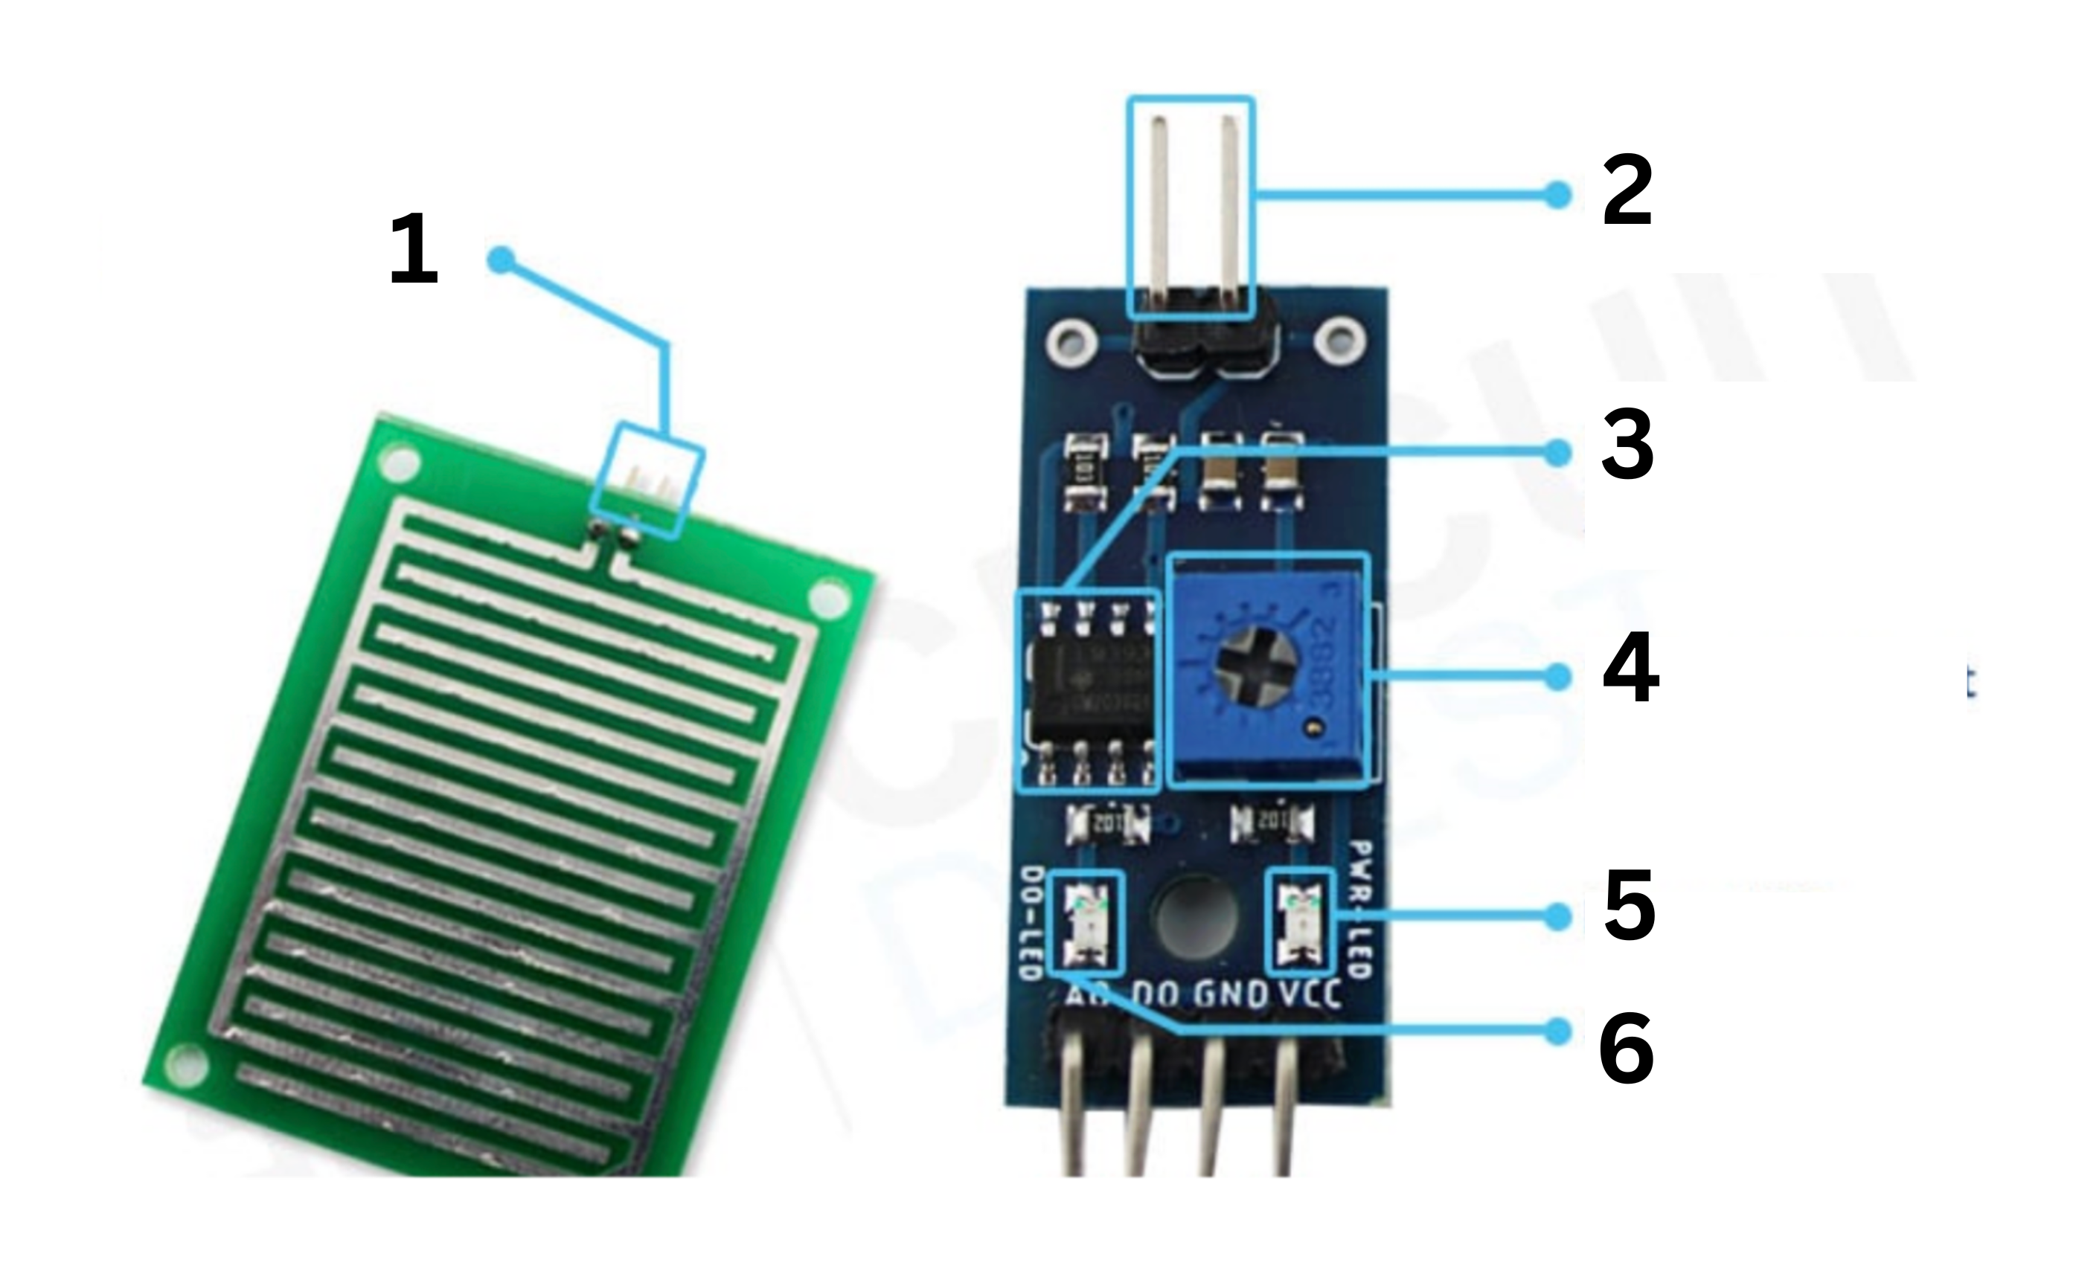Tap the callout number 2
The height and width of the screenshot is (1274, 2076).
click(x=1627, y=191)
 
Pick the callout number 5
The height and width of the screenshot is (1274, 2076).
click(x=1630, y=907)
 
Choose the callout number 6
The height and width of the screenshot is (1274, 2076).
click(x=1626, y=1049)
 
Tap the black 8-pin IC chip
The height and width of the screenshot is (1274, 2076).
click(x=1087, y=691)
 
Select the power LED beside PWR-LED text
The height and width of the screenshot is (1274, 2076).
click(x=1301, y=921)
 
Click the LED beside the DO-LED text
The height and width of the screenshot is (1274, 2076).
click(x=1086, y=921)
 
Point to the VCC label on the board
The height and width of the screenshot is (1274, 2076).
click(x=1310, y=996)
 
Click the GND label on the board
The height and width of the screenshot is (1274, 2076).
click(x=1231, y=996)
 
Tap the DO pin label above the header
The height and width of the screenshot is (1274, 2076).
click(x=1156, y=996)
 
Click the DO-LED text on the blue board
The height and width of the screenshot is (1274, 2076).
click(x=1030, y=923)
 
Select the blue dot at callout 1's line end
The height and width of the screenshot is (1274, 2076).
click(x=501, y=260)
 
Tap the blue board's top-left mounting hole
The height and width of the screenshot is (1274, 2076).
click(x=1072, y=343)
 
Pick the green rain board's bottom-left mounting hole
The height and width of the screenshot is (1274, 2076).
click(x=186, y=1064)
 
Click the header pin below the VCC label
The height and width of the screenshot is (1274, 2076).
click(x=1284, y=1112)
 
